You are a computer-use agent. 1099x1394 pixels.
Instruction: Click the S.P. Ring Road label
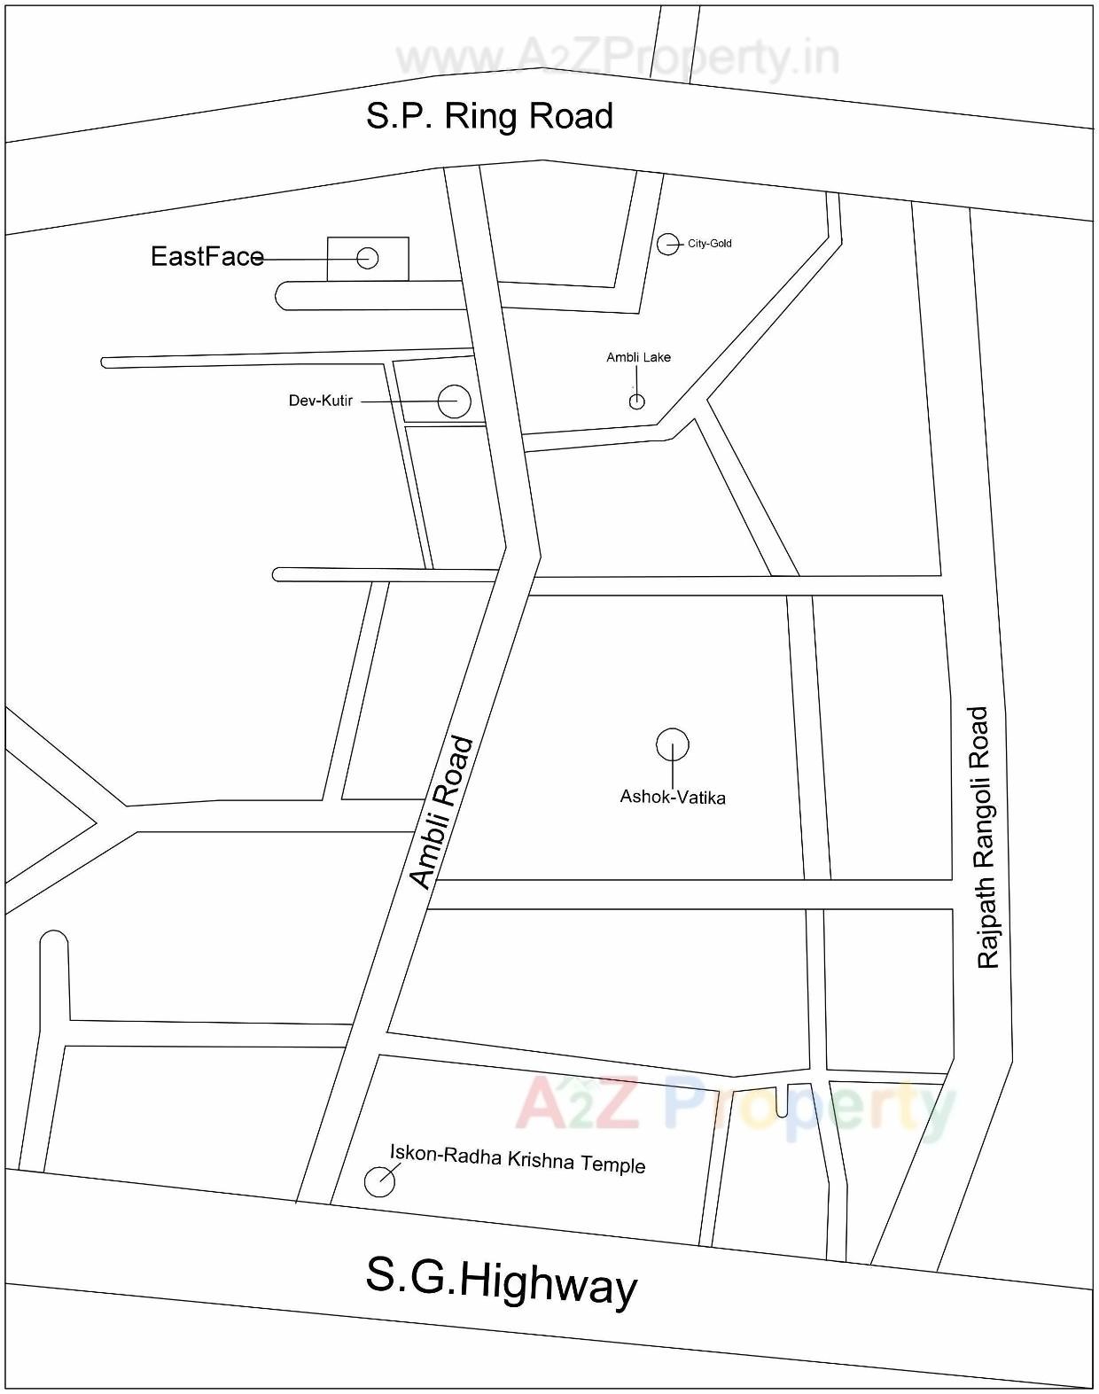489,116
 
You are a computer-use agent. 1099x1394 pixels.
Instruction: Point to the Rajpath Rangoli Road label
983,837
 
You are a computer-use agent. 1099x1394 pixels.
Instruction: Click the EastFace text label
207,257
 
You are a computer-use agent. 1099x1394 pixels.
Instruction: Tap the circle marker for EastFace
368,258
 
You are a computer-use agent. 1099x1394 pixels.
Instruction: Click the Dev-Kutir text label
320,401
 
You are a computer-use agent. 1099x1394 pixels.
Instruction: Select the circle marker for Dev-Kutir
454,401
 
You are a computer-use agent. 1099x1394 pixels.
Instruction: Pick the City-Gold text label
709,244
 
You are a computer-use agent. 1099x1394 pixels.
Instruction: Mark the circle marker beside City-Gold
667,244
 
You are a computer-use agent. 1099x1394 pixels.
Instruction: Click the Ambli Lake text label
638,357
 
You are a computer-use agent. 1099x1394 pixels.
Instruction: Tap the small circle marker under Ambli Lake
636,402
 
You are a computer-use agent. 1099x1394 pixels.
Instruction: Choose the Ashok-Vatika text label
672,798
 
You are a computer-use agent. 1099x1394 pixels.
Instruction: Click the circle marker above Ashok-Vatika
673,744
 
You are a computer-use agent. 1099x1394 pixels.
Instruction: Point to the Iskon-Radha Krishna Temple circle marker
379,1181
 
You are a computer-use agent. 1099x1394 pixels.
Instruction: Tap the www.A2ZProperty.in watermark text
617,58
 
